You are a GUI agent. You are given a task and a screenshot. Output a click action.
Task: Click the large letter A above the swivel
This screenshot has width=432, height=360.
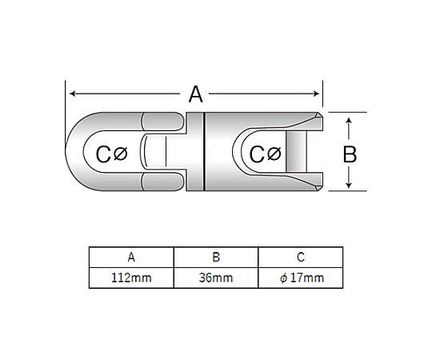pos(196,94)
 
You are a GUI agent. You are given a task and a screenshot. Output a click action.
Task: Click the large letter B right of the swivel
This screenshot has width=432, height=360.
pos(350,154)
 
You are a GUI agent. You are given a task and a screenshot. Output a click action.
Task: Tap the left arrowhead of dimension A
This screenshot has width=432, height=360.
pos(73,94)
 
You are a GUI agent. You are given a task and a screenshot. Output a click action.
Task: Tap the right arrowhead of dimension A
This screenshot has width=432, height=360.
pos(316,94)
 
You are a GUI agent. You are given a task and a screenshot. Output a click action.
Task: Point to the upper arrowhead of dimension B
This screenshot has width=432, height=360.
pos(349,121)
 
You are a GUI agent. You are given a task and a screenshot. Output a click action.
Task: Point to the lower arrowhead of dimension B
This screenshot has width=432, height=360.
pos(349,185)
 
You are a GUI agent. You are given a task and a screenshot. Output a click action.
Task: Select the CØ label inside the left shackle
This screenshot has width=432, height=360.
pos(111,154)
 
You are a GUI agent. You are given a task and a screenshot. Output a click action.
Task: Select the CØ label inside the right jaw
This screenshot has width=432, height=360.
pos(265,154)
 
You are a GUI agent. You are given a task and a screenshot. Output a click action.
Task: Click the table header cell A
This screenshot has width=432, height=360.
pos(131,258)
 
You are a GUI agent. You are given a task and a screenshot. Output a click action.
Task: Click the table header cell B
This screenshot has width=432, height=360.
pos(216,258)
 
